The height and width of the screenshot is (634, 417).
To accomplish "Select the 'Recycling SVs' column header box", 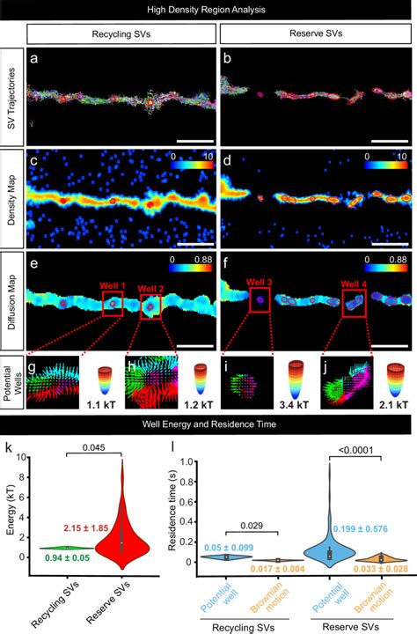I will pyautogui.click(x=121, y=34).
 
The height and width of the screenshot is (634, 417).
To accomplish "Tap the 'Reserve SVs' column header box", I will pyautogui.click(x=315, y=34).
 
